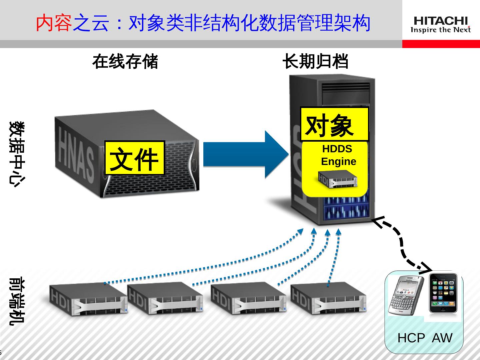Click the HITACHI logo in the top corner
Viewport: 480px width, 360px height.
pos(441,25)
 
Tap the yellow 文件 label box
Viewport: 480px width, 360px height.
pos(135,158)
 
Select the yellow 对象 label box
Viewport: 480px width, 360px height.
pos(334,124)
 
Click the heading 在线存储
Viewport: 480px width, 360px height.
pos(125,62)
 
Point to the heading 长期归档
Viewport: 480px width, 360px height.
pos(315,62)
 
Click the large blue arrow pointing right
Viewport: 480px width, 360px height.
pos(245,154)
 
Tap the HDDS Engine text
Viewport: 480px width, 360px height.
pos(338,155)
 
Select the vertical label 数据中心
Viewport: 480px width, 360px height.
pos(17,153)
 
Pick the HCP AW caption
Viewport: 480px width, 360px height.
pos(424,338)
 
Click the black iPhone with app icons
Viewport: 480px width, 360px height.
pos(443,293)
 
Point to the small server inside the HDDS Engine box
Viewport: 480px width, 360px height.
pos(337,179)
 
